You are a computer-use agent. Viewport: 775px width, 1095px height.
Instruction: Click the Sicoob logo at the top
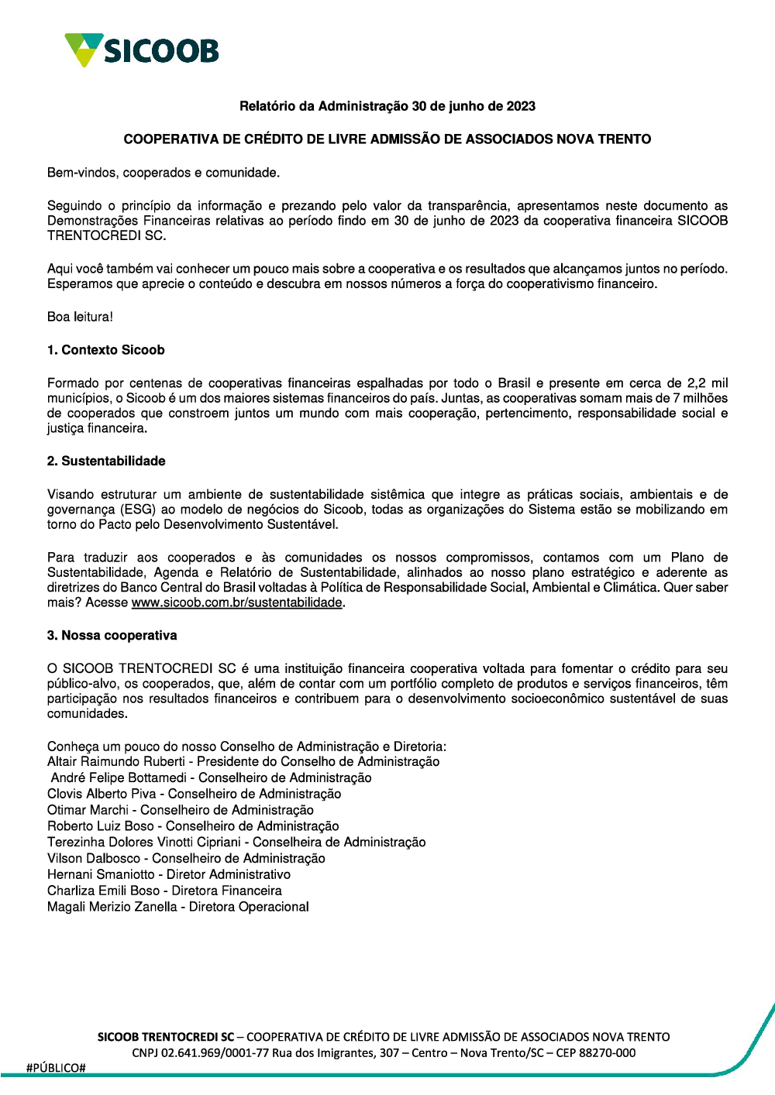pyautogui.click(x=142, y=50)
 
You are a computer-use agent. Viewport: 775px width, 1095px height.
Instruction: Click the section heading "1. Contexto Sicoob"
pyautogui.click(x=105, y=350)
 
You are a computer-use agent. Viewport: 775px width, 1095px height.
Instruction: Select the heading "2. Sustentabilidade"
pyautogui.click(x=106, y=461)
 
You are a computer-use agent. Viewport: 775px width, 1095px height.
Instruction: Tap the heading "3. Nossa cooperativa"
pyautogui.click(x=112, y=635)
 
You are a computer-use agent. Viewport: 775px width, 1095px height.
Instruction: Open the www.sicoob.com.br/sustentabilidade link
pyautogui.click(x=236, y=602)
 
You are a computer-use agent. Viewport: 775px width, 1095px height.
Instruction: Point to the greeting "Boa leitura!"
pyautogui.click(x=80, y=317)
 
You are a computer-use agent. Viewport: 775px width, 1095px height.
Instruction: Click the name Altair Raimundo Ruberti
pyautogui.click(x=116, y=761)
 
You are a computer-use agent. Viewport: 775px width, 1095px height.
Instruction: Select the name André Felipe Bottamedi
pyautogui.click(x=119, y=777)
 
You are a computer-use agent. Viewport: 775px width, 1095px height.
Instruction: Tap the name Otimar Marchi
pyautogui.click(x=88, y=810)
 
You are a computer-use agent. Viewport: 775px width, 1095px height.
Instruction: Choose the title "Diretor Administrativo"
pyautogui.click(x=229, y=874)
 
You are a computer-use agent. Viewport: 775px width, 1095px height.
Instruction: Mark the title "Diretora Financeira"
pyautogui.click(x=226, y=891)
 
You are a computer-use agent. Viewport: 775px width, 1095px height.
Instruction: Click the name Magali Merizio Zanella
pyautogui.click(x=112, y=907)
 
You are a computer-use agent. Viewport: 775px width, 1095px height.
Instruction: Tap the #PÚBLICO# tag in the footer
pyautogui.click(x=56, y=1068)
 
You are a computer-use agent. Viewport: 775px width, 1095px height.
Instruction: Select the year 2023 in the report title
pyautogui.click(x=521, y=106)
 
